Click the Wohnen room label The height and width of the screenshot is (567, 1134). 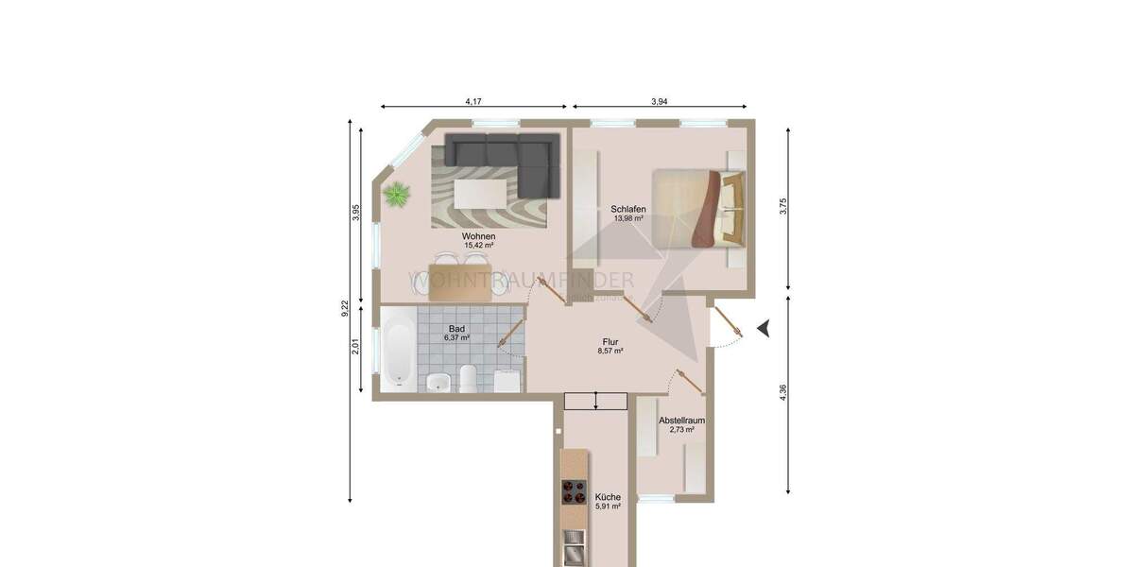[479, 236]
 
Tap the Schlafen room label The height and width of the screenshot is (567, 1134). [627, 209]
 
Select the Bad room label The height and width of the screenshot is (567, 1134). [456, 329]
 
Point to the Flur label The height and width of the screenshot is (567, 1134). [610, 342]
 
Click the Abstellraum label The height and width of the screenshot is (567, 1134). [681, 420]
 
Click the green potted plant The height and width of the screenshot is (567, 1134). [397, 196]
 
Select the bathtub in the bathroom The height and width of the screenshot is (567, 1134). [398, 352]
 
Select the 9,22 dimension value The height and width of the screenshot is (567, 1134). [346, 310]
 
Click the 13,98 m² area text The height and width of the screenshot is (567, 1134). [627, 218]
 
